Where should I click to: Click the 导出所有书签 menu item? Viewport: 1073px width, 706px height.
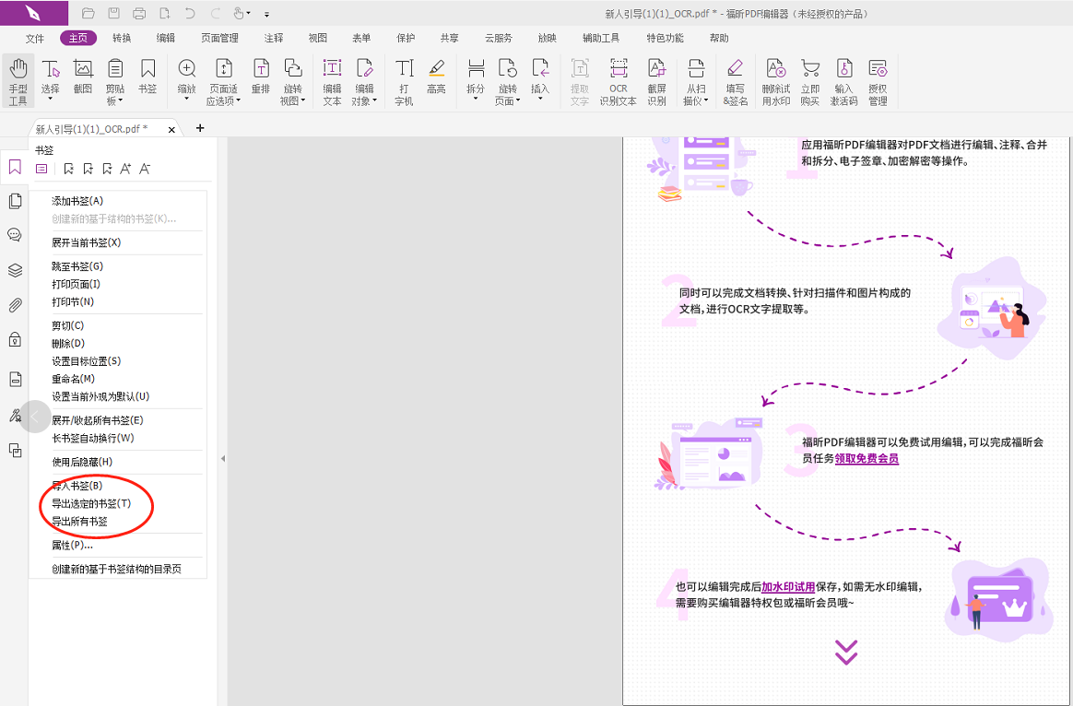[x=79, y=522]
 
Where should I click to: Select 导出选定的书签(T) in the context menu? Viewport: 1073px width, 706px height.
[x=91, y=503]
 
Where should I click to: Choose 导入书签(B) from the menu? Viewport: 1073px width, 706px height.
[x=77, y=486]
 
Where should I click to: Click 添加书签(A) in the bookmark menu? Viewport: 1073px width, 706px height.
[x=77, y=201]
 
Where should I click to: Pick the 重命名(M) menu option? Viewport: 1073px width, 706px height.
[x=73, y=379]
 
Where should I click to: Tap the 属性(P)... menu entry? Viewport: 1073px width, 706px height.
[x=73, y=546]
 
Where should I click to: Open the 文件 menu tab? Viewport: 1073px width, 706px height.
[x=34, y=39]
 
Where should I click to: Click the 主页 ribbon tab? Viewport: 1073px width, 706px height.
[x=78, y=39]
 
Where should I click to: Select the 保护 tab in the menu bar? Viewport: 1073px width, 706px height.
[x=406, y=39]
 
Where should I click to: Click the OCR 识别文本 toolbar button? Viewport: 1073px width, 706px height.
[x=618, y=81]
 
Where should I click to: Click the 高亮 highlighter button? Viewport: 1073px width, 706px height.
[x=436, y=76]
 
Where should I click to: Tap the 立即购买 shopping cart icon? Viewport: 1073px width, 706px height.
[x=810, y=81]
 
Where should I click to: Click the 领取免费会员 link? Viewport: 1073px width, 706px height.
[x=867, y=458]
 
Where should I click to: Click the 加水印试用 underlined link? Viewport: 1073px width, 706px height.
[x=788, y=587]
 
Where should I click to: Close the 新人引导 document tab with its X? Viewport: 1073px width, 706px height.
[x=171, y=129]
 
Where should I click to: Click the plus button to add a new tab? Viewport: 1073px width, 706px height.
[x=200, y=128]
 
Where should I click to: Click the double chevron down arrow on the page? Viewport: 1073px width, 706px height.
[x=846, y=652]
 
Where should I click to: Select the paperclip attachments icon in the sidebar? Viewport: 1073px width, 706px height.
[x=15, y=305]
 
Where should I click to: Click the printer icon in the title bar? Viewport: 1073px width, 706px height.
[x=139, y=13]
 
